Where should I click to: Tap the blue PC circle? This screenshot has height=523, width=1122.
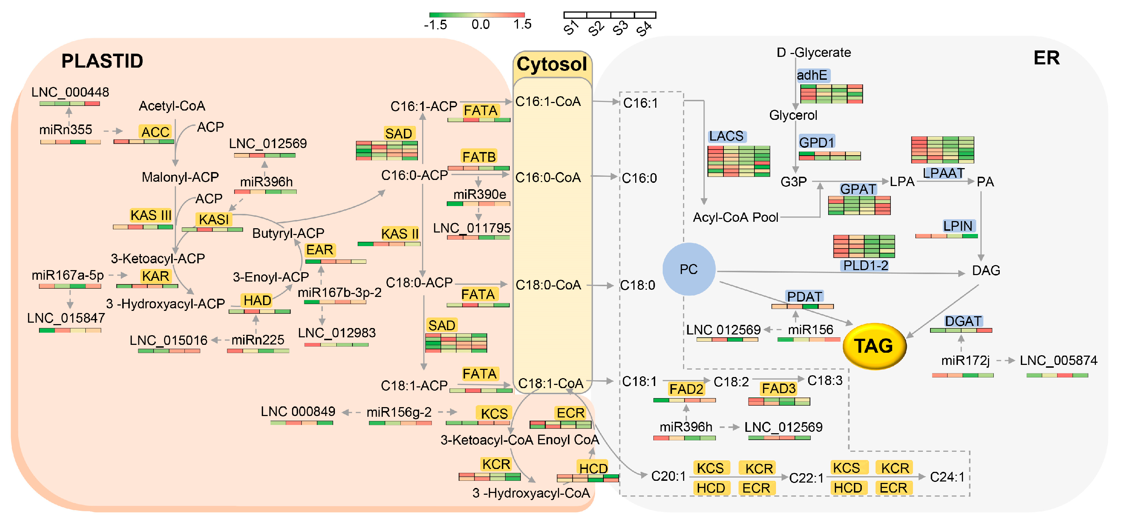click(x=689, y=269)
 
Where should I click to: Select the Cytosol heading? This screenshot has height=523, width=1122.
click(x=552, y=64)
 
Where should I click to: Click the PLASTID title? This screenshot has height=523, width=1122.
click(x=102, y=61)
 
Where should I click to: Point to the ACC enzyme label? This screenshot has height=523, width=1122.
click(x=155, y=132)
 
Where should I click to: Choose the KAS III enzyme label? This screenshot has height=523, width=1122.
click(x=151, y=215)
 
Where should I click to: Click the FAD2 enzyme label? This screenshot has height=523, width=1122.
click(x=686, y=389)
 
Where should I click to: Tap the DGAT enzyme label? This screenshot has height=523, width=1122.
click(x=963, y=321)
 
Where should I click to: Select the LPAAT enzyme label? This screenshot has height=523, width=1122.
click(x=943, y=173)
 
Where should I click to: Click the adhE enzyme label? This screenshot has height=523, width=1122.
click(x=812, y=75)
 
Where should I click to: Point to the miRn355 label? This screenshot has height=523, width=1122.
click(x=66, y=129)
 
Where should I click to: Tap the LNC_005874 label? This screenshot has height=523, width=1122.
click(x=1058, y=361)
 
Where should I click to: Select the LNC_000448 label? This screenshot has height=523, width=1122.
click(x=70, y=92)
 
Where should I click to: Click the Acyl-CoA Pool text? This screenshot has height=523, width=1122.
click(x=735, y=217)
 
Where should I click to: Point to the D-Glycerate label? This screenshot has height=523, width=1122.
click(x=813, y=53)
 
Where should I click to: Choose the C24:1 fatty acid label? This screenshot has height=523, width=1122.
click(x=947, y=477)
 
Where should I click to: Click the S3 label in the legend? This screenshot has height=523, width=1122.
click(x=620, y=28)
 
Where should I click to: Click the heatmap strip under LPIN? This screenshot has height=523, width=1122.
click(x=946, y=236)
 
